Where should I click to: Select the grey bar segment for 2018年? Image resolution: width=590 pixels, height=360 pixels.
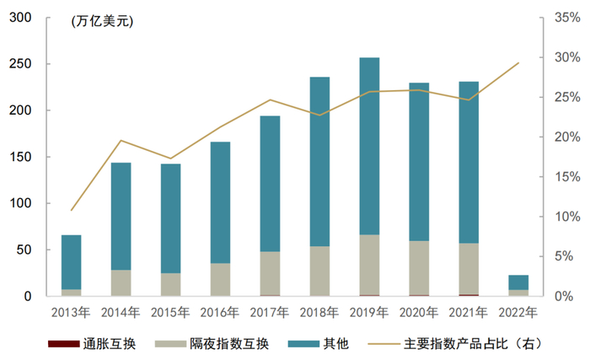[x=319, y=271]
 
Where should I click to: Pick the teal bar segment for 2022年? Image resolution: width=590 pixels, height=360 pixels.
[x=518, y=282]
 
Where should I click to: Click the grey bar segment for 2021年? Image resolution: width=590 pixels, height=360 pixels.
[x=469, y=269]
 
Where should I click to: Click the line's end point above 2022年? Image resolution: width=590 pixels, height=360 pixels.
[x=518, y=62]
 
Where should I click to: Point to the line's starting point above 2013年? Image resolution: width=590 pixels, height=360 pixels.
[x=72, y=210]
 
